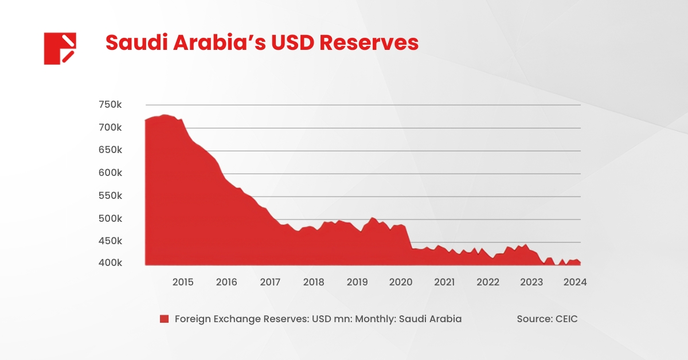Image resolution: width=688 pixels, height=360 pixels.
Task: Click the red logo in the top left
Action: click(x=60, y=48)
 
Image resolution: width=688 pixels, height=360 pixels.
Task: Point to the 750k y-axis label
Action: click(x=110, y=105)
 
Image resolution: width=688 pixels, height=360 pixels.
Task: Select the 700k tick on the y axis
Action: click(x=110, y=127)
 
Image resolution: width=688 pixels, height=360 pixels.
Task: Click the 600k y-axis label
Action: click(x=110, y=173)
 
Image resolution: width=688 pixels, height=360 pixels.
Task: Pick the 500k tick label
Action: click(x=110, y=219)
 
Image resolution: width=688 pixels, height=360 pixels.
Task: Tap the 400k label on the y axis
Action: click(x=110, y=263)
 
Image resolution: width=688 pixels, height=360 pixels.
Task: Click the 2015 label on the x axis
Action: click(x=183, y=282)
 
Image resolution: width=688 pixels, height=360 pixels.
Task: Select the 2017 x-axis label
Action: click(x=270, y=282)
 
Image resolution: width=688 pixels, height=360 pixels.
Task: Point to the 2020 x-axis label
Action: click(x=401, y=282)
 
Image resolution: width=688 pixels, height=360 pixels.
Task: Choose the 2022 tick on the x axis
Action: click(x=488, y=282)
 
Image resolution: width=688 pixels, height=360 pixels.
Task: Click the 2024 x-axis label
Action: click(x=575, y=282)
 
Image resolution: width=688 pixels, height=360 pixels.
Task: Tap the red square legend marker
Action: click(x=165, y=319)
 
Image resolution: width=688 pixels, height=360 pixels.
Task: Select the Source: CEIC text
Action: click(x=547, y=319)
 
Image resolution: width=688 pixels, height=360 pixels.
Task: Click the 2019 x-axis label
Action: click(x=357, y=282)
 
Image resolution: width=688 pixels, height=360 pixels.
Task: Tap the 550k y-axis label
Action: click(x=110, y=196)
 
